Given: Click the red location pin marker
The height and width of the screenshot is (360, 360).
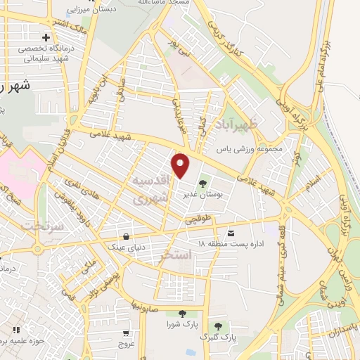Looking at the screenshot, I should pyautogui.click(x=181, y=165).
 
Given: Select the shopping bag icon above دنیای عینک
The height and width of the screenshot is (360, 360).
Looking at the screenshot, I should pyautogui.click(x=125, y=236).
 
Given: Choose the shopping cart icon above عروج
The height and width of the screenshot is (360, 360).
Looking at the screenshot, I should pyautogui.click(x=126, y=333).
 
